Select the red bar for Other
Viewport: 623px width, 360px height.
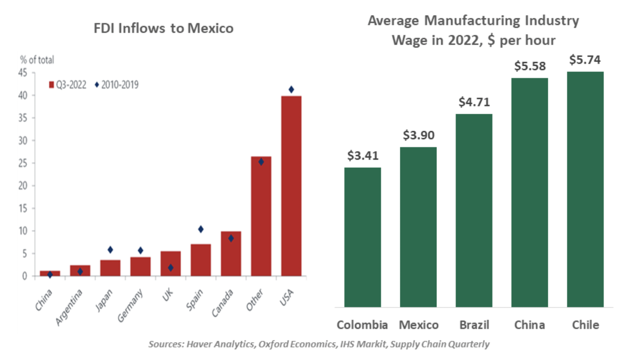(261, 216)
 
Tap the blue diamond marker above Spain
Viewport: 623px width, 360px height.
(201, 229)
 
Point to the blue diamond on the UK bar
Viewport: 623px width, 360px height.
(171, 267)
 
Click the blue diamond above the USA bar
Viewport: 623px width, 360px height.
(291, 89)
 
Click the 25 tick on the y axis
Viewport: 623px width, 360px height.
(26, 163)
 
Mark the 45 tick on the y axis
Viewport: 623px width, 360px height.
(26, 73)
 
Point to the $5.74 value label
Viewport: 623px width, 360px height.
(585, 60)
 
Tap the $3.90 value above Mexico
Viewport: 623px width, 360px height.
(418, 135)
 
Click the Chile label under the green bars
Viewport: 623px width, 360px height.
(585, 325)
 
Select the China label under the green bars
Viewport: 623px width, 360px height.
(530, 325)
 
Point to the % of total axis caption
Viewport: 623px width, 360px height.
(37, 60)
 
